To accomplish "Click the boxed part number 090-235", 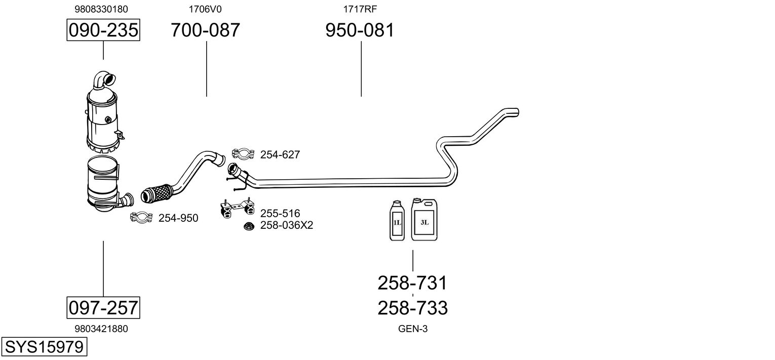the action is point(103,30).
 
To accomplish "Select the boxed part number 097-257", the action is point(103,307).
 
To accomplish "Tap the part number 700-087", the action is point(205,30).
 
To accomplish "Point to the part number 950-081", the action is point(359,30).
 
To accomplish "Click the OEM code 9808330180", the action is point(101,9).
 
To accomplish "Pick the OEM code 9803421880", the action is point(101,329).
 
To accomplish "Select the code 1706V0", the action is point(205,9).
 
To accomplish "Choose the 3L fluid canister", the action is point(424,219).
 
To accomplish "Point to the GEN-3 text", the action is point(413,329).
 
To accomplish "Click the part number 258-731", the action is point(412,283).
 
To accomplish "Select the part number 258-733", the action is point(412,307).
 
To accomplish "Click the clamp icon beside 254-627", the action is point(243,153).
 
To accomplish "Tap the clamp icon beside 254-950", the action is point(141,217).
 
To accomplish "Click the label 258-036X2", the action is point(287,225).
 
